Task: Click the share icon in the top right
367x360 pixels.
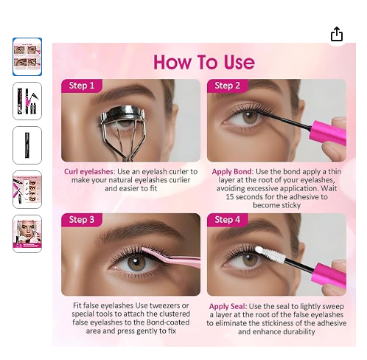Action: pos(337,34)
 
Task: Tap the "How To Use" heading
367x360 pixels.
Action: pos(204,62)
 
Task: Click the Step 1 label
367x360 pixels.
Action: pos(82,86)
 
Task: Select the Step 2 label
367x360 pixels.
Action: pos(227,86)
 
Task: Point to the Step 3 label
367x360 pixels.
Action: pos(82,220)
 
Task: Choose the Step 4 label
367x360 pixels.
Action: pos(227,220)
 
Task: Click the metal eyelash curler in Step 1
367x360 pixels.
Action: pos(123,128)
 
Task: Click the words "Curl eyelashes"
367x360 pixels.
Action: pos(89,172)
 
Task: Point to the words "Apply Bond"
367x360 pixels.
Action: pos(233,172)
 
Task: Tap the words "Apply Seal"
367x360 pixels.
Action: pos(228,306)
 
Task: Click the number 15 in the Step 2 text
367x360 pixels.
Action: pos(230,197)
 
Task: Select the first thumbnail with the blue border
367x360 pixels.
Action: pos(27,57)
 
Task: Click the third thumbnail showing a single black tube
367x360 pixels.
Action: pos(27,145)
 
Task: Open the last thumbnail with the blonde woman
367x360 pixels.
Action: pos(27,234)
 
